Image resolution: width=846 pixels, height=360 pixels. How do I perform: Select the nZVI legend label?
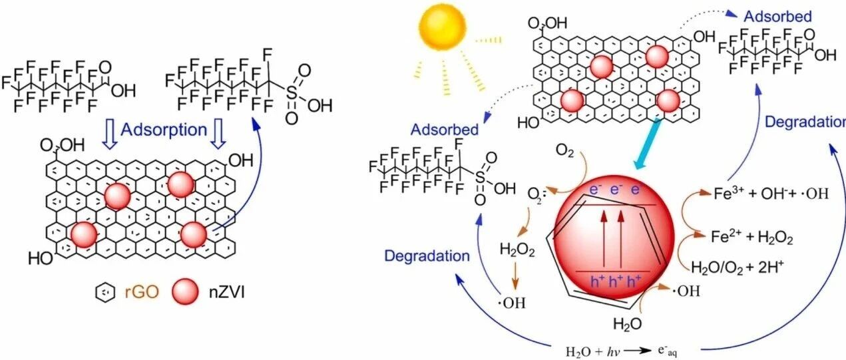click(223, 291)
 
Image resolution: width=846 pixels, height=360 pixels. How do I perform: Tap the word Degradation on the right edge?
click(804, 122)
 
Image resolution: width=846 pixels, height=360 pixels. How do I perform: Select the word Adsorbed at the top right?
click(777, 16)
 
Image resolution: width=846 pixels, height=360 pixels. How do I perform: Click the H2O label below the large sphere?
click(628, 324)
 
